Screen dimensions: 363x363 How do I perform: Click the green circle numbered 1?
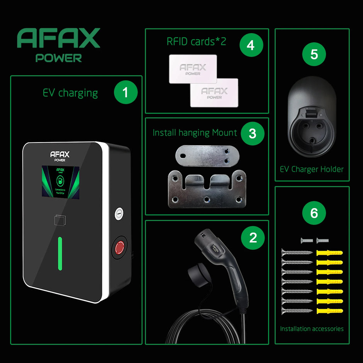click(126, 93)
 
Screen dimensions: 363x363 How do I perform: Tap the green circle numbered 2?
click(253, 237)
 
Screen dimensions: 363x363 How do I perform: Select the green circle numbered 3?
click(252, 134)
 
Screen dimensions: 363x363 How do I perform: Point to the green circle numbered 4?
click(251, 46)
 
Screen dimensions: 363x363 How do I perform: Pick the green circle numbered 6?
click(314, 213)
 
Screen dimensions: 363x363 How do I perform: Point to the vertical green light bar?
click(60, 253)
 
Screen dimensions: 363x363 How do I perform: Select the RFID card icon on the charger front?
click(60, 219)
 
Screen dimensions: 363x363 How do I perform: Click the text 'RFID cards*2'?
click(197, 42)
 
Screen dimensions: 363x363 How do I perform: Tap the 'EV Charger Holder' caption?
click(312, 169)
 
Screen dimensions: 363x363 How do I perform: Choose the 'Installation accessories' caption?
click(312, 329)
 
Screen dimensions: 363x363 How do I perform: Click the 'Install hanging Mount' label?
click(195, 133)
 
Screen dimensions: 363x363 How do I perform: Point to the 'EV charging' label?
click(70, 93)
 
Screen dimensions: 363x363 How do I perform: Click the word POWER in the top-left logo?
click(59, 58)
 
